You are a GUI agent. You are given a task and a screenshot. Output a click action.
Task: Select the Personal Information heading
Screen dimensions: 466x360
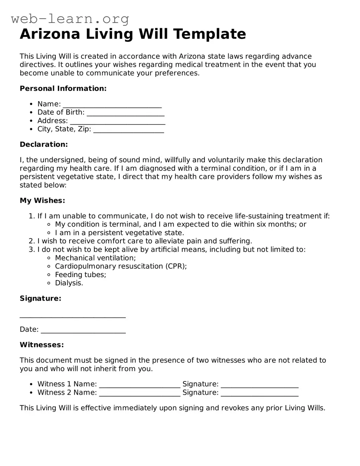63,88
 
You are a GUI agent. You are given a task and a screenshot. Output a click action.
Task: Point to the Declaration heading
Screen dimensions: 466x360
44,144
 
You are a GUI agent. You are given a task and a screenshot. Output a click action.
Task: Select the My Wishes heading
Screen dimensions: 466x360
42,201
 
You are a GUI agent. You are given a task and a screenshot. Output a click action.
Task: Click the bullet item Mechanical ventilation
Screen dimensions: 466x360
95,258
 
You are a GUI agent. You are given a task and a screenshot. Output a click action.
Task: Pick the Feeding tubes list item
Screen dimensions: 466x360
80,275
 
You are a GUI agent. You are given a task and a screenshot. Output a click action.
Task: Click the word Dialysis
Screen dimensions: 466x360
69,283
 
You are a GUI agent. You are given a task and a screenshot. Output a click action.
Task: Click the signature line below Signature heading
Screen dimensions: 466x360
73,315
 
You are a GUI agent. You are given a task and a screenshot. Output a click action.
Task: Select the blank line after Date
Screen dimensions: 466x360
83,330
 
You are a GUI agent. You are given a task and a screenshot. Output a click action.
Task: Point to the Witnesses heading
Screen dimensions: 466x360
42,345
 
